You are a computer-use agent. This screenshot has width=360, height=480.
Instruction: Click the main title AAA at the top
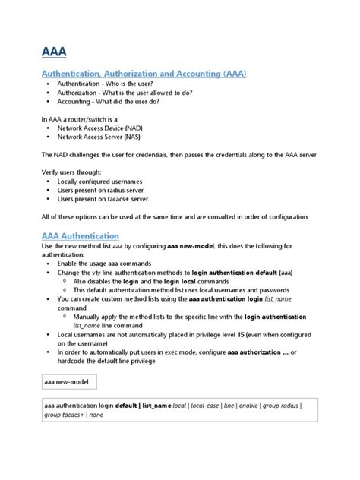coord(53,52)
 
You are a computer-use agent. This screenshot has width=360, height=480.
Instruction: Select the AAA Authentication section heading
coord(80,235)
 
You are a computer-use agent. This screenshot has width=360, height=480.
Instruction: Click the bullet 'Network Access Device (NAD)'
coord(99,128)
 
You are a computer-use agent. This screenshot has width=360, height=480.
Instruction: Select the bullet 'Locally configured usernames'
coord(99,182)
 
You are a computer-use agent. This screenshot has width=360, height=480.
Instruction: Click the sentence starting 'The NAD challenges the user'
coord(178,155)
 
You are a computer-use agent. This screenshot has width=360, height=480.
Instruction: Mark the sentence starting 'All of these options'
coord(174,216)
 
